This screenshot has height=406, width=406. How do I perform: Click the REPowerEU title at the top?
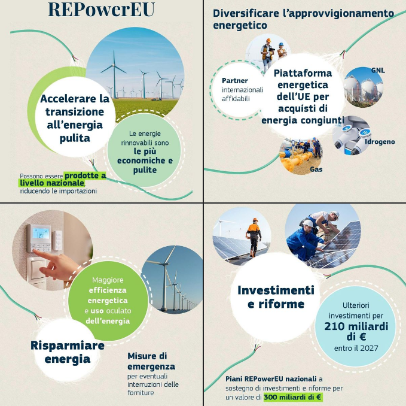(101, 10)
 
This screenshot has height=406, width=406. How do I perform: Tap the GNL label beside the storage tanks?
(378, 70)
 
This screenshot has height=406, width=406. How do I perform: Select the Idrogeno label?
(380, 142)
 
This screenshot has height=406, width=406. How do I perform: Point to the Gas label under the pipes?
(316, 169)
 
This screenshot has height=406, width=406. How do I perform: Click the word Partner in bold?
(235, 81)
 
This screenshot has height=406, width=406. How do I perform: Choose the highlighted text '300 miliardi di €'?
(293, 397)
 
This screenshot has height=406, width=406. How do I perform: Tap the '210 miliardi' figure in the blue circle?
(356, 326)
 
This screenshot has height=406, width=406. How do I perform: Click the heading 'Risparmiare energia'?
(68, 352)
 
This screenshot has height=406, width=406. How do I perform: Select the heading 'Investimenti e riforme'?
(276, 297)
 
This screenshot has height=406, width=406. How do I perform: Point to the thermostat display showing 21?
(41, 233)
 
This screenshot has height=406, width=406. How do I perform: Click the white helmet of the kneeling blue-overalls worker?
(308, 223)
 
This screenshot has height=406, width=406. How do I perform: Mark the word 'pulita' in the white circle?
(75, 138)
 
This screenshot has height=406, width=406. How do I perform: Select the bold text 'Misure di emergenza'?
(151, 361)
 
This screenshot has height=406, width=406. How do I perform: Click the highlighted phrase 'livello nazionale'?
(52, 183)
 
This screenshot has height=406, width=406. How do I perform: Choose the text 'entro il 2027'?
(356, 348)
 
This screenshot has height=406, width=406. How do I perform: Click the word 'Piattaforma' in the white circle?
(303, 73)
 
